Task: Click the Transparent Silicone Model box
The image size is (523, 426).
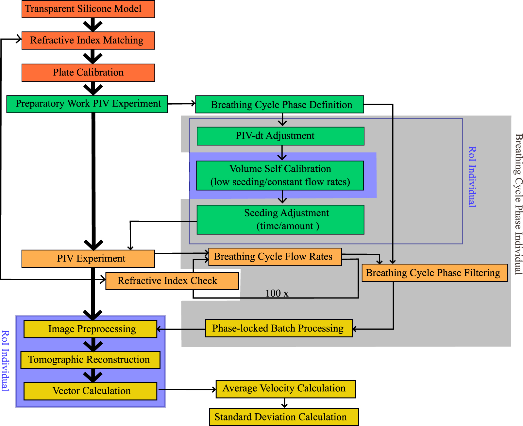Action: point(88,9)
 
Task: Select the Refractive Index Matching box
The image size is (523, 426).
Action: point(88,41)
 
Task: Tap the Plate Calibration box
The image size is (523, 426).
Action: point(88,73)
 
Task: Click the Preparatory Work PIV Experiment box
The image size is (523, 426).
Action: point(87,104)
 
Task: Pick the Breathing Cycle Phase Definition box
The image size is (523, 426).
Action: point(279,105)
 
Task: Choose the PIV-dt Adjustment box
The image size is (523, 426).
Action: point(280,136)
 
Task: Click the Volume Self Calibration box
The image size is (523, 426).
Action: point(280,176)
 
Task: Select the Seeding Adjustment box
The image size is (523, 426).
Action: point(280,220)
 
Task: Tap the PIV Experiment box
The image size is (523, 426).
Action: point(88,259)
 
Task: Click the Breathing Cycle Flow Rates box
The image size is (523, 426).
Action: point(275,257)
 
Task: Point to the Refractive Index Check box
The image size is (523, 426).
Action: point(172,281)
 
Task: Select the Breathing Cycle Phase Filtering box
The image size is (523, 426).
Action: point(434,273)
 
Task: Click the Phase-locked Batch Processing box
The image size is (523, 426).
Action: point(278,328)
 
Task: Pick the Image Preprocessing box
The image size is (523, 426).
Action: point(90,329)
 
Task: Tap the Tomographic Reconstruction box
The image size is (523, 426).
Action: point(90,360)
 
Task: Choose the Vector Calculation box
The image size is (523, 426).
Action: point(90,391)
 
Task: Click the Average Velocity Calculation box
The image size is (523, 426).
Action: point(285,389)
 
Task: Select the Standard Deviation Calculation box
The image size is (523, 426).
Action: point(283,417)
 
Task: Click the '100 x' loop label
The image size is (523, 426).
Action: point(277,293)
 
